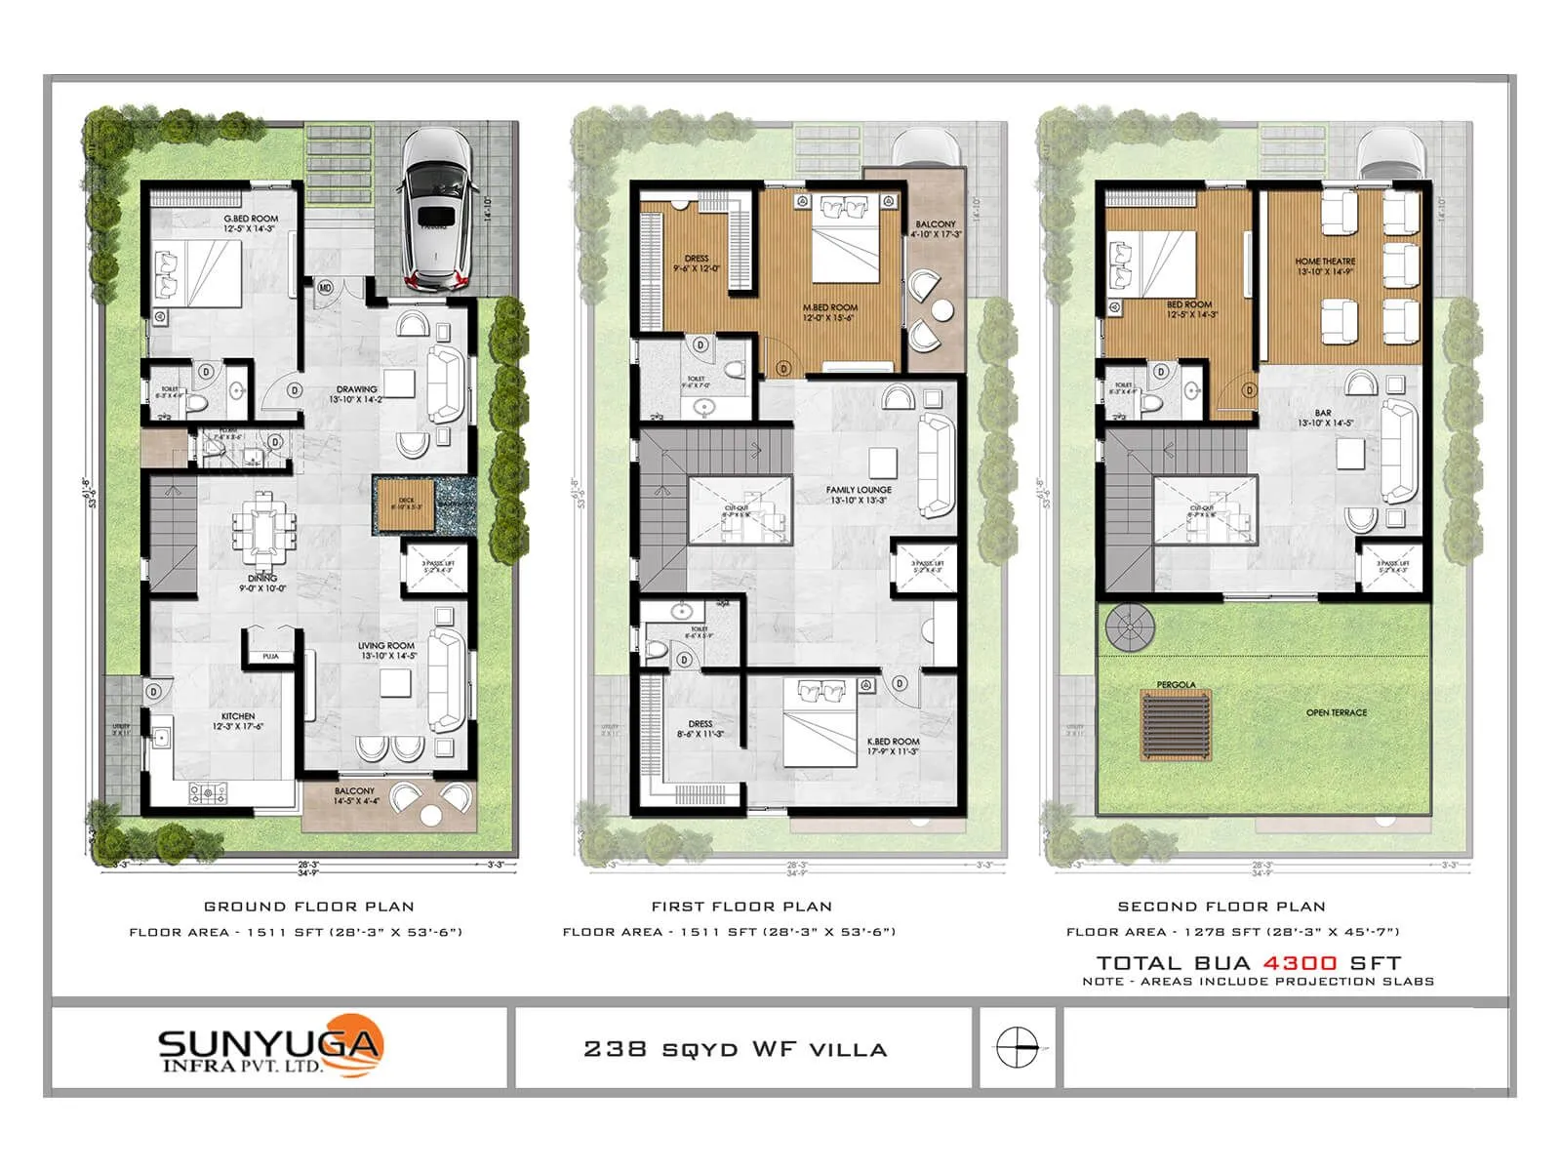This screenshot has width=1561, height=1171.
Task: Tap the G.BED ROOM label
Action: click(x=251, y=220)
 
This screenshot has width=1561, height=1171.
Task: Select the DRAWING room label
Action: click(x=356, y=389)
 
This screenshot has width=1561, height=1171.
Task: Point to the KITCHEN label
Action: click(x=238, y=716)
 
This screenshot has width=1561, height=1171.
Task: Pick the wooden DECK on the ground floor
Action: click(x=406, y=505)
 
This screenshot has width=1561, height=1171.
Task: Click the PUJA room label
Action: click(x=271, y=657)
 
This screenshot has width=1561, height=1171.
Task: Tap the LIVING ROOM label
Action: click(x=387, y=646)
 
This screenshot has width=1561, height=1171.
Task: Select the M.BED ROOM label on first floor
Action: click(x=830, y=307)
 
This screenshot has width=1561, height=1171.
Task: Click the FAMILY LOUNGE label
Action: click(x=859, y=490)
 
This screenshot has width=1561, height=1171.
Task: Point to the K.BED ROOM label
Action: click(x=893, y=742)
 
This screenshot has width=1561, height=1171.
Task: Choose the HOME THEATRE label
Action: click(x=1325, y=262)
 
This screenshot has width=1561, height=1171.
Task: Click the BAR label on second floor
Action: click(x=1323, y=413)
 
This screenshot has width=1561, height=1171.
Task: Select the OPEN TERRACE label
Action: click(x=1337, y=712)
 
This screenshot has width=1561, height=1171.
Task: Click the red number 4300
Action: click(x=1300, y=963)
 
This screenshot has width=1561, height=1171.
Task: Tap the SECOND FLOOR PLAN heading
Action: click(x=1221, y=907)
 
